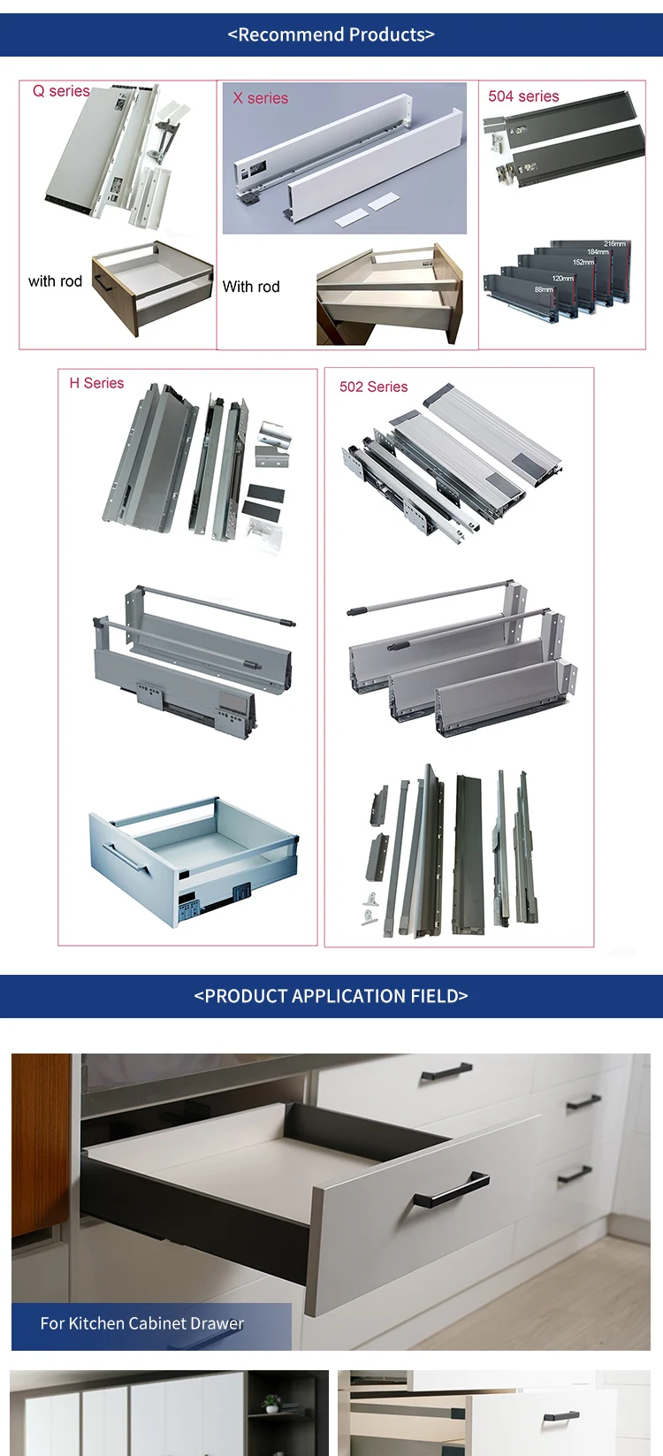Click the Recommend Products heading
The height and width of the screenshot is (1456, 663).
click(x=331, y=34)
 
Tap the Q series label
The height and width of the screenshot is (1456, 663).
click(x=61, y=91)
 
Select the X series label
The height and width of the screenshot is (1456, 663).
click(x=260, y=98)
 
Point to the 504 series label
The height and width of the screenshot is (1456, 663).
click(x=523, y=96)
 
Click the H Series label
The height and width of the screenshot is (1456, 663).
click(x=96, y=383)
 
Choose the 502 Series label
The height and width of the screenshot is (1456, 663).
click(x=373, y=387)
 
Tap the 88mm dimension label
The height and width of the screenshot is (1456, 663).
click(x=544, y=289)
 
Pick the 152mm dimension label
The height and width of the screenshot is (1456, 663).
click(x=583, y=263)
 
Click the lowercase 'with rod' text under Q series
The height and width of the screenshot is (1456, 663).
click(x=55, y=281)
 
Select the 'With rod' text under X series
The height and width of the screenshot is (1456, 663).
click(x=251, y=287)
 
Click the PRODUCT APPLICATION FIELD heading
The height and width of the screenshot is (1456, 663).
click(x=331, y=996)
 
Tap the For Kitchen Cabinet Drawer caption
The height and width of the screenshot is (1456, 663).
click(x=141, y=1323)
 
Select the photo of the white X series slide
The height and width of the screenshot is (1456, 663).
click(x=345, y=159)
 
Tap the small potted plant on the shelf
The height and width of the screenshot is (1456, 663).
click(x=272, y=1402)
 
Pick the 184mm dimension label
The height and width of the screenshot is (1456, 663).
click(x=598, y=253)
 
